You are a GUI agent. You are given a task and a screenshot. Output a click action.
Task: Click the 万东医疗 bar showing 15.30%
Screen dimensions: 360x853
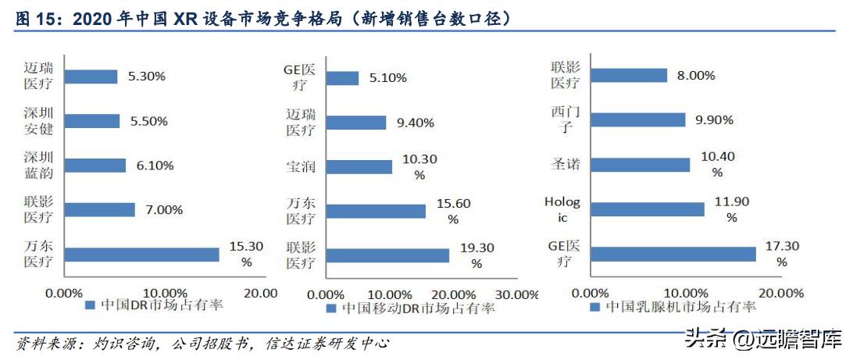pyautogui.click(x=141, y=255)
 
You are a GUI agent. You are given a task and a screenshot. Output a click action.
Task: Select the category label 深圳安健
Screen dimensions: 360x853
pyautogui.click(x=38, y=121)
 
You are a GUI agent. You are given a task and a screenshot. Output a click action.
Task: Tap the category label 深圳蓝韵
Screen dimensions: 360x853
pyautogui.click(x=38, y=166)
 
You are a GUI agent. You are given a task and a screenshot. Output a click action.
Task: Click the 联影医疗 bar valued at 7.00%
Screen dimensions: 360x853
pyautogui.click(x=99, y=210)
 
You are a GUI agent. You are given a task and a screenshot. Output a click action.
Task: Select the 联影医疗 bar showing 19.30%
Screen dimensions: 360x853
pyautogui.click(x=387, y=255)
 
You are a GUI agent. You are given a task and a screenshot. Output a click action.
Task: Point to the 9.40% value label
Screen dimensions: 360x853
pyautogui.click(x=413, y=122)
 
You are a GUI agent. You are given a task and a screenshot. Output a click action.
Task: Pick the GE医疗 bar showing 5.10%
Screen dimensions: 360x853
pyautogui.click(x=341, y=78)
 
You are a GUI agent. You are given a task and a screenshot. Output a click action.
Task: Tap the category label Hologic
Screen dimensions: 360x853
pyautogui.click(x=562, y=209)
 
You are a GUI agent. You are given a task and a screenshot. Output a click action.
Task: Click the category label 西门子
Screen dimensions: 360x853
pyautogui.click(x=565, y=119)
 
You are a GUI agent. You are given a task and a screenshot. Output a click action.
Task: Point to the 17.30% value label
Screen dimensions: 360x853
pyautogui.click(x=782, y=254)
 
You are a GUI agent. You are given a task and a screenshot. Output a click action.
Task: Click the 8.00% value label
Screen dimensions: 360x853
pyautogui.click(x=695, y=75)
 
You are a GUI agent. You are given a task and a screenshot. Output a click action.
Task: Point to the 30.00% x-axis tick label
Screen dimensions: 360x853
pyautogui.click(x=516, y=294)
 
